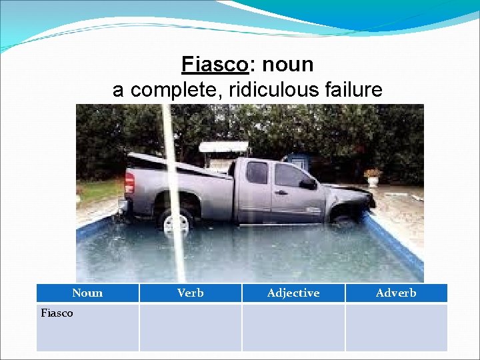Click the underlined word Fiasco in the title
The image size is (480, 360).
(x=215, y=65)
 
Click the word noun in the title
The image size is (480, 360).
(x=287, y=65)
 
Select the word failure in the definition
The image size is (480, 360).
(x=353, y=89)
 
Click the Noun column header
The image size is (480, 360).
(x=87, y=293)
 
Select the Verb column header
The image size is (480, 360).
(x=191, y=293)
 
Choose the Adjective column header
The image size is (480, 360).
(x=293, y=293)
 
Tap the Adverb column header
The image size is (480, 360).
(x=396, y=293)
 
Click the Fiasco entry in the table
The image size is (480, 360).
(x=57, y=313)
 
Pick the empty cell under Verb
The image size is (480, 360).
(x=191, y=327)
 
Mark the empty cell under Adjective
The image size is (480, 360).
(x=293, y=327)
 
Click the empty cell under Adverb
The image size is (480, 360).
(x=396, y=327)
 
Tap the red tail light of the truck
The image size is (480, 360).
(x=130, y=181)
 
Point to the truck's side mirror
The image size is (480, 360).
(x=307, y=183)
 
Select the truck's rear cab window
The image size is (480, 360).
(x=257, y=173)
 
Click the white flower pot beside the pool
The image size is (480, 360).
(x=373, y=180)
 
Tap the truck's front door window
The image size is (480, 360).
(x=289, y=175)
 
